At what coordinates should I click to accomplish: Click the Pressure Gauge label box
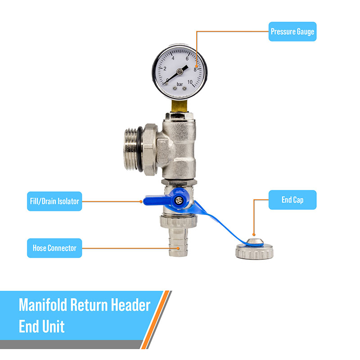292,32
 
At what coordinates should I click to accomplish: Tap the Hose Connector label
54,248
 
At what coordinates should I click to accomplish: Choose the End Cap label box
292,200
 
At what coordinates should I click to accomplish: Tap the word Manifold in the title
43,305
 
